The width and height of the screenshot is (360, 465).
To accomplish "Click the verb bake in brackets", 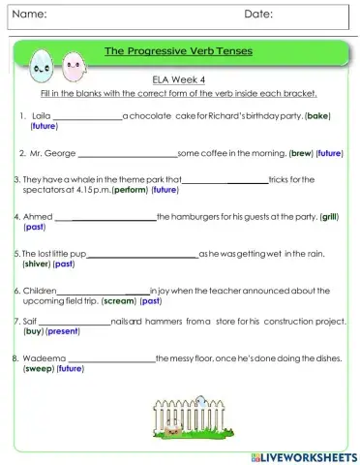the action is pos(317,116).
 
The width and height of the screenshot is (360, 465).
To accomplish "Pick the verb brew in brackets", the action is pos(302,153).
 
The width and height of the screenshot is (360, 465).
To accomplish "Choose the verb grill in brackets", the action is pos(330,217).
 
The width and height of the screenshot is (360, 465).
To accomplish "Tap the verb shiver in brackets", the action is pos(36,263).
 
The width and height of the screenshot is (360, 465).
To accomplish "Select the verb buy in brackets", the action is pos(32,330).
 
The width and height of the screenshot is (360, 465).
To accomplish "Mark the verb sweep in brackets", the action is pos(39,368).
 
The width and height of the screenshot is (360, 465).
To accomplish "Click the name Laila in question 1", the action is pos(41,116).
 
